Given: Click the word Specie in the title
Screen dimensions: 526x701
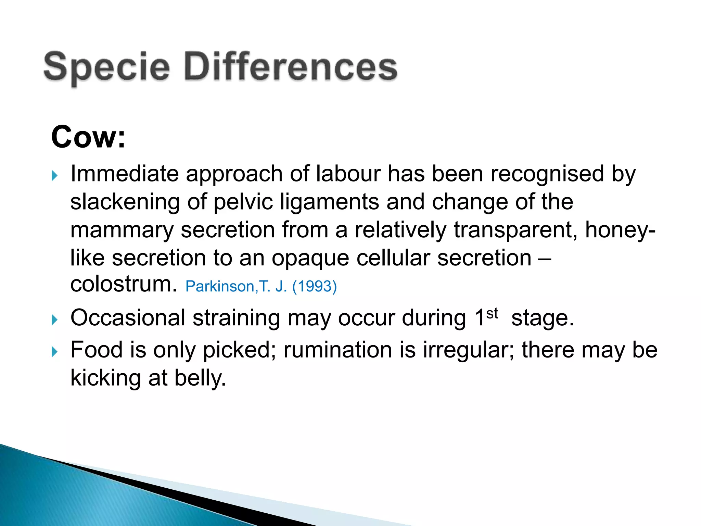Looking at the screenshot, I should pyautogui.click(x=106, y=67).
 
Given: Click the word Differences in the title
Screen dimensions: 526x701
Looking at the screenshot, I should pyautogui.click(x=291, y=67).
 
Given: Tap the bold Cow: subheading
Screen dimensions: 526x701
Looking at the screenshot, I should pyautogui.click(x=88, y=137).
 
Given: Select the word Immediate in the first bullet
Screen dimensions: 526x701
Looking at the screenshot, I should pyautogui.click(x=124, y=174).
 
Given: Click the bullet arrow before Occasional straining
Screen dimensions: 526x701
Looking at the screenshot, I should pyautogui.click(x=54, y=320).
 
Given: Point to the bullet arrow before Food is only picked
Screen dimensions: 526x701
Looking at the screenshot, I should pyautogui.click(x=54, y=352).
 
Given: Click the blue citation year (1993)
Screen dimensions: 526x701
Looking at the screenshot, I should pyautogui.click(x=314, y=286).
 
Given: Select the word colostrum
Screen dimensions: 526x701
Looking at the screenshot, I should pyautogui.click(x=124, y=284).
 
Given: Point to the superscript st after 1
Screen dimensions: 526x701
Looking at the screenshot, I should pyautogui.click(x=492, y=313).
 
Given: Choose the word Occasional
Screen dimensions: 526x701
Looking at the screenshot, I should pyautogui.click(x=128, y=318).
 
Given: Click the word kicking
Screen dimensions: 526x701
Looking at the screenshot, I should pyautogui.click(x=105, y=378).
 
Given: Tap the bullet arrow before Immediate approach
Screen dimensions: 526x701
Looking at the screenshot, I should pyautogui.click(x=54, y=176).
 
